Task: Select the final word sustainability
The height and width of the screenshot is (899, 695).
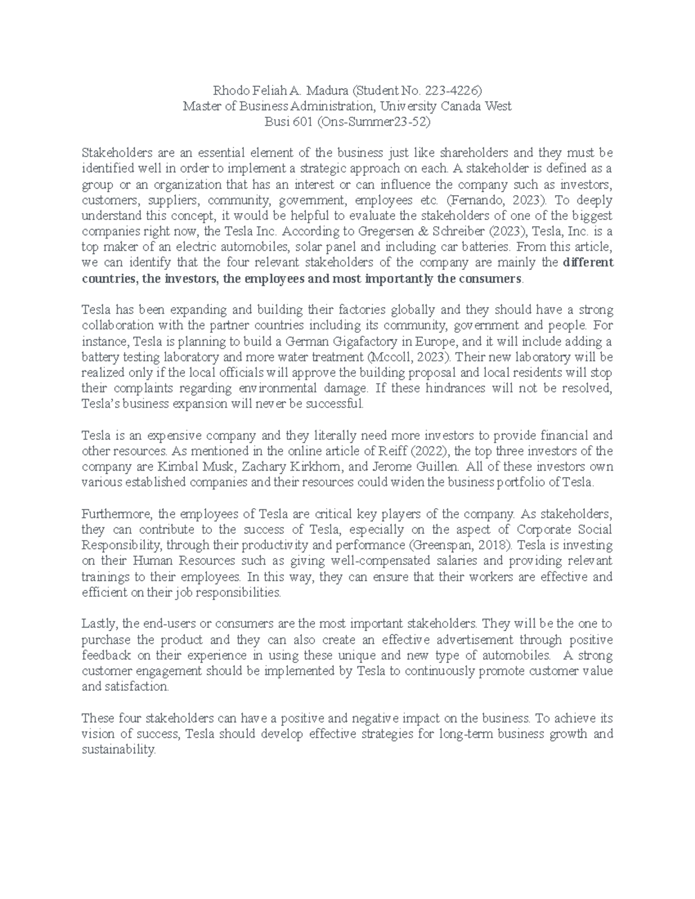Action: click(x=119, y=750)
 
